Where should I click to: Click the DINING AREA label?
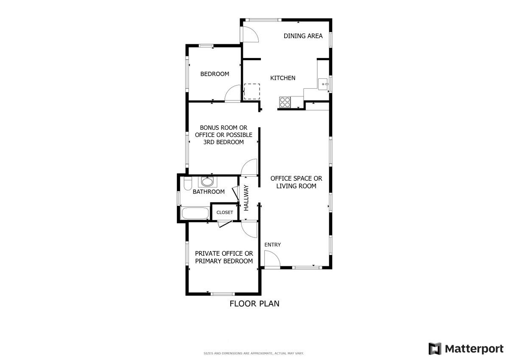tap(303, 36)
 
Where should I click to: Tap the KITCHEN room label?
tap(282, 78)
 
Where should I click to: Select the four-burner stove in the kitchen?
tap(285, 102)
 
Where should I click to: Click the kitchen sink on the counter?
tap(323, 84)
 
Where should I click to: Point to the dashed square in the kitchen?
tap(252, 91)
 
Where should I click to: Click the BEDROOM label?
tap(215, 74)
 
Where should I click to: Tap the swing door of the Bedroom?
tap(232, 93)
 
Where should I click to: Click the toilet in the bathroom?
tap(187, 183)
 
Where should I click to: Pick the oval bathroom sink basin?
tap(207, 182)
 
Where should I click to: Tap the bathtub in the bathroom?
tap(195, 213)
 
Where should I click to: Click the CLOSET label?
tap(224, 212)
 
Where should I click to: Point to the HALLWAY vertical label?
tap(246, 198)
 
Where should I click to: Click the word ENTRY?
tap(272, 245)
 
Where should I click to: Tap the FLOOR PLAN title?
tap(254, 304)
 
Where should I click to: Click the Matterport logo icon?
tap(435, 349)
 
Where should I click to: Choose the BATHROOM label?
tap(209, 192)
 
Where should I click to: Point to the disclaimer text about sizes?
tap(254, 353)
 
